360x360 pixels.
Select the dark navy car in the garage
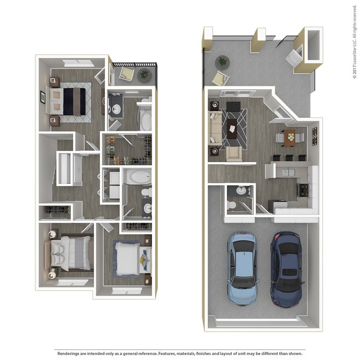pyautogui.click(x=286, y=269)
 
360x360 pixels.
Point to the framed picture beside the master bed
pyautogui.click(x=42, y=97)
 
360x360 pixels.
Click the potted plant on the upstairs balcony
pyautogui.click(x=144, y=73)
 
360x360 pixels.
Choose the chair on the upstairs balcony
pyautogui.click(x=126, y=74)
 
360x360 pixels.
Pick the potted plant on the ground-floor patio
pyautogui.click(x=223, y=61)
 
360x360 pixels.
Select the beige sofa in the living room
pyautogui.click(x=214, y=127)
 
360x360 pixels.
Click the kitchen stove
pyautogui.click(x=304, y=189)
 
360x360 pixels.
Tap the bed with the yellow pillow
pyautogui.click(x=131, y=257)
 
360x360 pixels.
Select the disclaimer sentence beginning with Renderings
pyautogui.click(x=179, y=353)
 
